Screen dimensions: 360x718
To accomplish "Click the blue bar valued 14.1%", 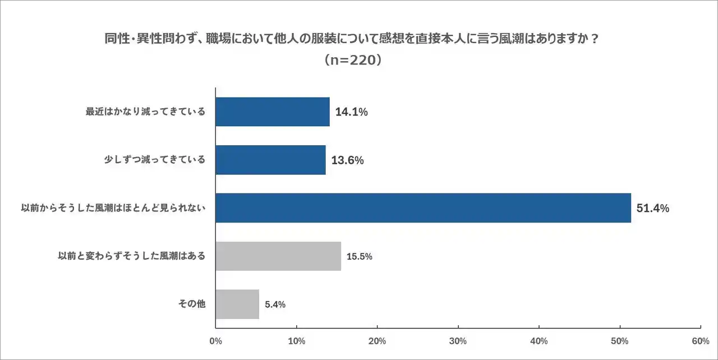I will pyautogui.click(x=273, y=112).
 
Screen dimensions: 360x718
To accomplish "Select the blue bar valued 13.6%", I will pyautogui.click(x=270, y=160).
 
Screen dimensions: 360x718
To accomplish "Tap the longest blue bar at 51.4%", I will pyautogui.click(x=423, y=208).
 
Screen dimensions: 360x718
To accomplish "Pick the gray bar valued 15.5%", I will pyautogui.click(x=278, y=256).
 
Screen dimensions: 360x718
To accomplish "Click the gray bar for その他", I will pyautogui.click(x=237, y=304).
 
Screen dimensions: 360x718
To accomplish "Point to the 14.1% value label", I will pyautogui.click(x=351, y=112).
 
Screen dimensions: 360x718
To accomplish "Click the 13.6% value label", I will pyautogui.click(x=347, y=160).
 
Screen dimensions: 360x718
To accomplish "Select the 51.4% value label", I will pyautogui.click(x=653, y=209).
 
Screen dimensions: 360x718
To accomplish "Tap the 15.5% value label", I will pyautogui.click(x=360, y=257).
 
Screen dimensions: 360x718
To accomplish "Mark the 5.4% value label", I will pyautogui.click(x=275, y=305).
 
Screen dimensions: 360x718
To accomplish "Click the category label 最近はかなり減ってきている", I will pyautogui.click(x=145, y=112).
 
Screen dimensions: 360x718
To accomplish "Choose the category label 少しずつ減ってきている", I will pyautogui.click(x=155, y=160).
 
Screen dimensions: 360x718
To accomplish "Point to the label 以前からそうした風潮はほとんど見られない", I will pyautogui.click(x=113, y=208).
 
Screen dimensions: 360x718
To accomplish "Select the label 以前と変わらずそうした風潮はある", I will pyautogui.click(x=132, y=256).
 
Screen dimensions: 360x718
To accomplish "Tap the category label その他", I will pyautogui.click(x=192, y=304).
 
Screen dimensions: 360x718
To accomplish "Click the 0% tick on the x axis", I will pyautogui.click(x=215, y=341).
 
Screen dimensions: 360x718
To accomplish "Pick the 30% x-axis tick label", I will pyautogui.click(x=458, y=341).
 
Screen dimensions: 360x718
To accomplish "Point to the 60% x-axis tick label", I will pyautogui.click(x=700, y=341).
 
